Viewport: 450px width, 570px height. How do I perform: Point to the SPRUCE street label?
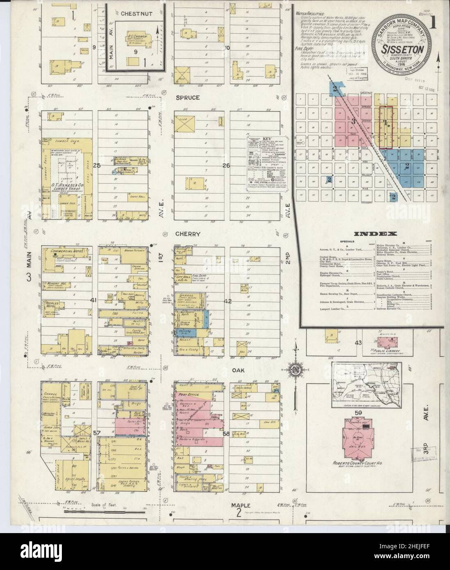pyautogui.click(x=188, y=98)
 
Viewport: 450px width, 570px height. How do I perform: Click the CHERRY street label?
pyautogui.click(x=188, y=234)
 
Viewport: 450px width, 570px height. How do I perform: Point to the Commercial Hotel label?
pyautogui.click(x=67, y=250)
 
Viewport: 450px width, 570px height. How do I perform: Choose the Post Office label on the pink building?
pyautogui.click(x=188, y=394)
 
